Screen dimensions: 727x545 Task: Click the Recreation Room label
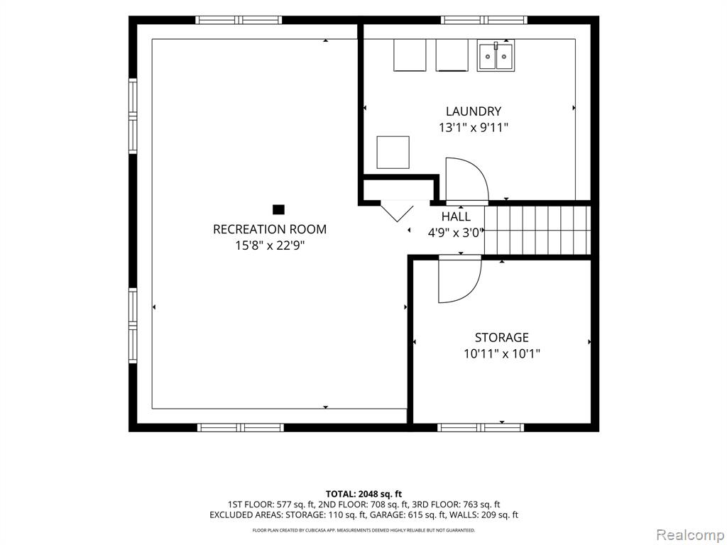pyautogui.click(x=269, y=229)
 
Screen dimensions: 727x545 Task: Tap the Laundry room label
pyautogui.click(x=474, y=111)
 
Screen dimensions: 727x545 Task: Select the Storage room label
pyautogui.click(x=502, y=337)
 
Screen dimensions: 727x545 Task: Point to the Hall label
pyautogui.click(x=456, y=216)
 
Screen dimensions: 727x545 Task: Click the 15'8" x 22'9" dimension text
pyautogui.click(x=269, y=245)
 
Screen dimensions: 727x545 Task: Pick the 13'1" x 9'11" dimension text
pyautogui.click(x=474, y=128)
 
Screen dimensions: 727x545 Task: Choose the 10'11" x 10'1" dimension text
pyautogui.click(x=502, y=354)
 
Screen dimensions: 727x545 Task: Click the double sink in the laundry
pyautogui.click(x=495, y=55)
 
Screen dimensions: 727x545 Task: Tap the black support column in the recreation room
pyautogui.click(x=278, y=209)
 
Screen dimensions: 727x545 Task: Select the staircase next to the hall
pyautogui.click(x=537, y=231)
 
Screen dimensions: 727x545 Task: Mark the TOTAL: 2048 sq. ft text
pyautogui.click(x=363, y=494)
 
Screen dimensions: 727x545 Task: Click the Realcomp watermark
pyautogui.click(x=689, y=535)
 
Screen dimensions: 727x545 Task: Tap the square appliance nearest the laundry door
pyautogui.click(x=393, y=153)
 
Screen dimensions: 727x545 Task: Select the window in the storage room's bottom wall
pyautogui.click(x=481, y=427)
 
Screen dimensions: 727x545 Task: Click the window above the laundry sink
pyautogui.click(x=484, y=20)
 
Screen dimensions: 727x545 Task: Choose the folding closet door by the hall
pyautogui.click(x=397, y=211)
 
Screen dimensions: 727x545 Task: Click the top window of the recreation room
pyautogui.click(x=239, y=20)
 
